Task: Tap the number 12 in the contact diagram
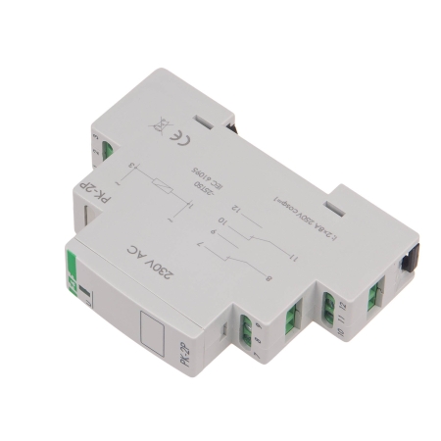click(236, 208)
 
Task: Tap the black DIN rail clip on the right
click(406, 262)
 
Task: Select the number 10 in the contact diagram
click(223, 221)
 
